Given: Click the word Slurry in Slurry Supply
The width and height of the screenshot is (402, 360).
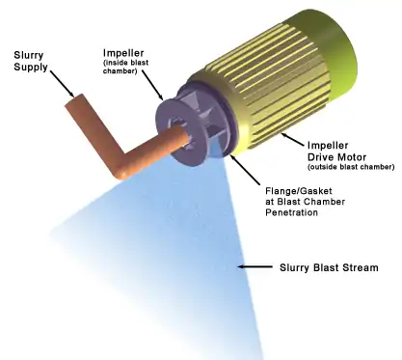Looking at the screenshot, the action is [28, 56].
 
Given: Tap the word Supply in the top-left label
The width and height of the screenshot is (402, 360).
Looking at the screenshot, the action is [31, 68].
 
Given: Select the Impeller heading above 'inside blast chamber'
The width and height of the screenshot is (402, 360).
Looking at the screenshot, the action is [123, 53].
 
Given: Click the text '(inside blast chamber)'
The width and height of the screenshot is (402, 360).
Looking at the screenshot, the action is [125, 67].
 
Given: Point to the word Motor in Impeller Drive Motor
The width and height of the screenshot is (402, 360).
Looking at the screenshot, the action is [351, 157].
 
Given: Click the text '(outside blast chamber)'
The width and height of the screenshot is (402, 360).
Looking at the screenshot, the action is [351, 167].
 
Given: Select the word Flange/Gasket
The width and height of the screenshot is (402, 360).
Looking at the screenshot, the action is [299, 191].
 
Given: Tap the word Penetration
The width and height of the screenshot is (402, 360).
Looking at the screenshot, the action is [291, 212].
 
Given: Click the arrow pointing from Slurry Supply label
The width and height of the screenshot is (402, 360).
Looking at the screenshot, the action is [62, 84].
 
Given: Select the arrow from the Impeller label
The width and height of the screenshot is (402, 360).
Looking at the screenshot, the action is [153, 85].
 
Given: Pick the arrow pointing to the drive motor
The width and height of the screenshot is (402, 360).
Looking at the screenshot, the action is [293, 139].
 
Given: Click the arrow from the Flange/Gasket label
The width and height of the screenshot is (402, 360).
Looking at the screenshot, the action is [245, 170].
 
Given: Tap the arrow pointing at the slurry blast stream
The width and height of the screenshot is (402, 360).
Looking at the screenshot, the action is [255, 266].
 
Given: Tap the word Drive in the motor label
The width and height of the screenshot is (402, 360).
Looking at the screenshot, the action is [320, 157].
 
